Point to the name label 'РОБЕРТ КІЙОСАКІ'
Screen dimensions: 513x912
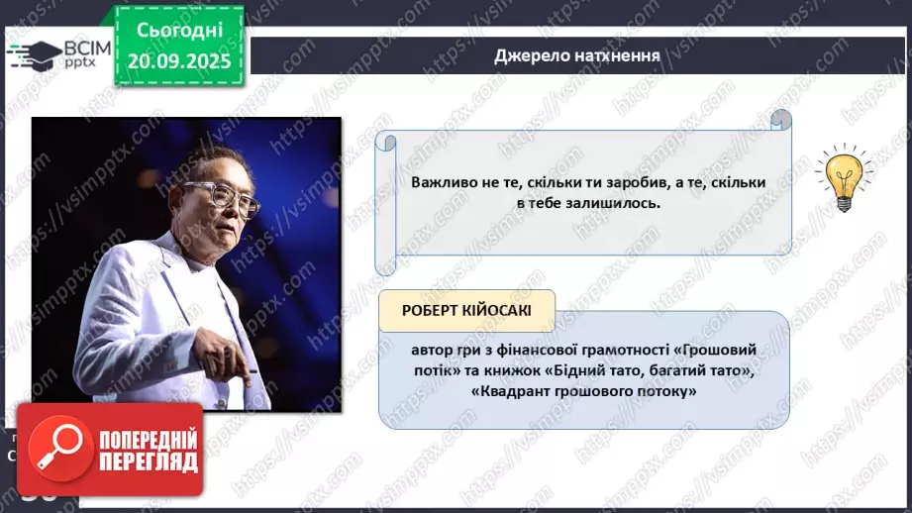[466, 310]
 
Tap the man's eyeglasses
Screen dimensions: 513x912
[225, 196]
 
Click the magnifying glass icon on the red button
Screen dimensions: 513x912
[55, 449]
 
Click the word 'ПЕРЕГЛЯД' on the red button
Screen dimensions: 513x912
[147, 462]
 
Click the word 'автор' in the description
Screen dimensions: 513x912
[433, 350]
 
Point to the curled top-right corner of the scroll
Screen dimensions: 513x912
[781, 120]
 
